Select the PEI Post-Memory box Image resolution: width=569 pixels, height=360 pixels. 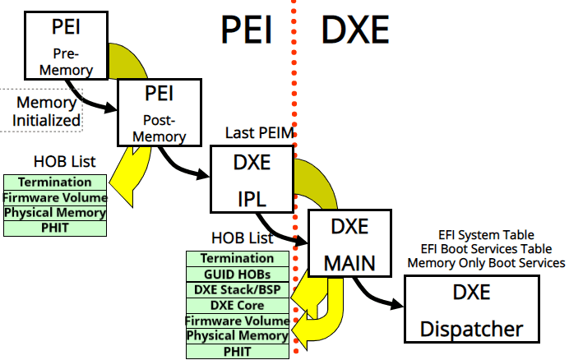[160, 111]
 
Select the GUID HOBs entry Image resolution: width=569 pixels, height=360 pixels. [238, 274]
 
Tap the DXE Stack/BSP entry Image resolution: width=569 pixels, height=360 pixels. [238, 289]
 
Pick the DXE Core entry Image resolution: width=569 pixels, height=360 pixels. [238, 305]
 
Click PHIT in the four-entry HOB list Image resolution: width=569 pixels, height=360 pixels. [54, 228]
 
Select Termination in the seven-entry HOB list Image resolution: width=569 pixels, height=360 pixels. [238, 258]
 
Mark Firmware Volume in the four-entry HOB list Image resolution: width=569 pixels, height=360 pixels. [54, 197]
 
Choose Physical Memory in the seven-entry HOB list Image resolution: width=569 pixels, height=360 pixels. [238, 336]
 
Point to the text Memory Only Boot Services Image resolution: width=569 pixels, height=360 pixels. [486, 263]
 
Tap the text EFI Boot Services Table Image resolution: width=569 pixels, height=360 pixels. [486, 249]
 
